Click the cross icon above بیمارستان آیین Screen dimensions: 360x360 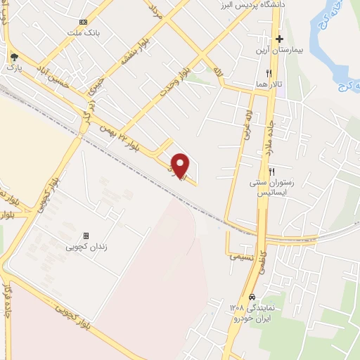point(280,39)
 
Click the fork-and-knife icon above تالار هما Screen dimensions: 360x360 point(269,72)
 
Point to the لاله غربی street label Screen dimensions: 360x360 point(247,124)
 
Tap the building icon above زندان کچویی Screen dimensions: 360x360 point(86,236)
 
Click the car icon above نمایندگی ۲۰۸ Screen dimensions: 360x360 point(252,297)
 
